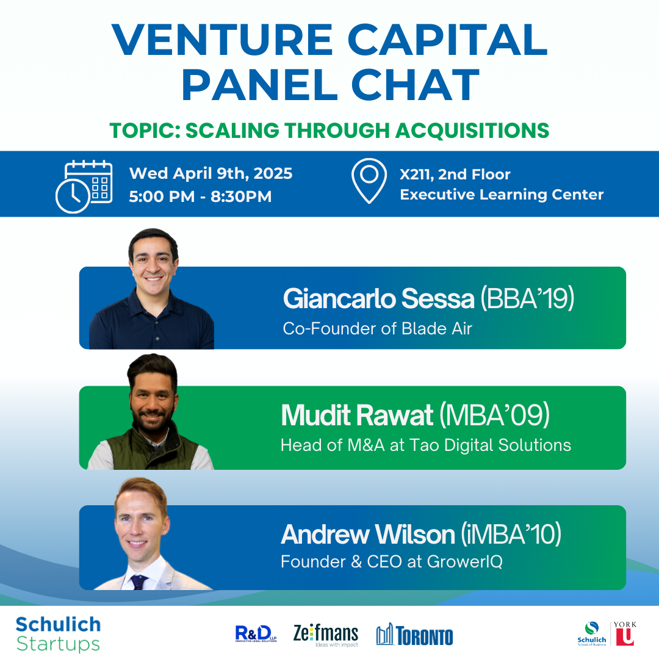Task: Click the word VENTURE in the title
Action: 222,40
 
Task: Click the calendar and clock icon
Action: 84,186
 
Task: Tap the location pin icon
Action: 369,181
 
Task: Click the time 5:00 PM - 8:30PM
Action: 200,196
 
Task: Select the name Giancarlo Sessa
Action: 379,298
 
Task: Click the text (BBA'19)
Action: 527,298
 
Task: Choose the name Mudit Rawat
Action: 357,416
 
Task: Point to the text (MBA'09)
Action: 495,416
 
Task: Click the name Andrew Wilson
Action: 368,534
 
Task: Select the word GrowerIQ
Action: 464,562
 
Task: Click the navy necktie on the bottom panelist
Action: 139,582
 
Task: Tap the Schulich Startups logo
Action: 58,634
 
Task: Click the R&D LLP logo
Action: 256,634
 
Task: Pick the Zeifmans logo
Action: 326,635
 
